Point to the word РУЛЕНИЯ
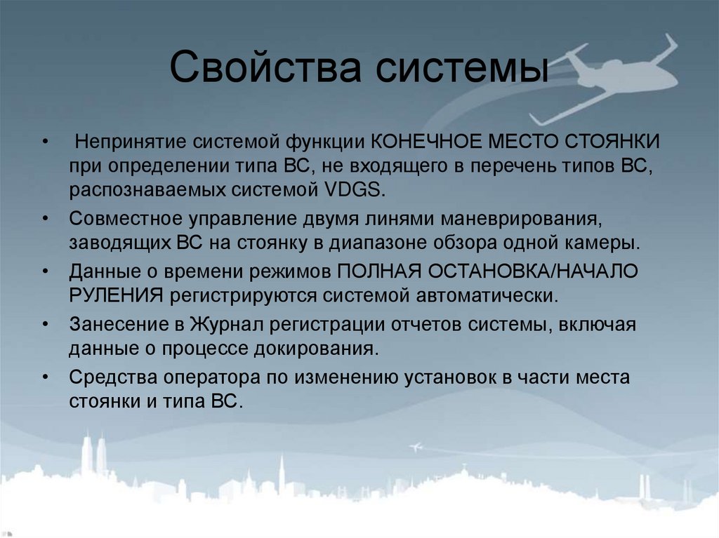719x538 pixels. click(117, 295)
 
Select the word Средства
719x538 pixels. click(112, 377)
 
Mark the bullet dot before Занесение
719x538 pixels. click(46, 325)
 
